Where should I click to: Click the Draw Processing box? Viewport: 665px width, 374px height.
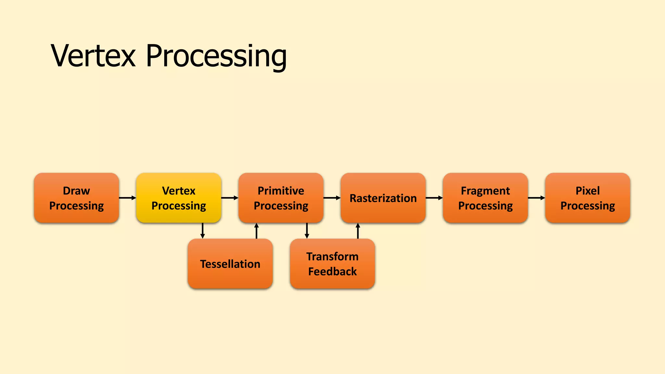[76, 198]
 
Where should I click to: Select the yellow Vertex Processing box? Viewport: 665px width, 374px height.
[179, 198]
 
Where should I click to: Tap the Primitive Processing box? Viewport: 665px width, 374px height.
[281, 198]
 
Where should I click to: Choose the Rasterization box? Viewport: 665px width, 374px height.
[383, 198]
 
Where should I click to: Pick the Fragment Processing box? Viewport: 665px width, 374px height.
[485, 198]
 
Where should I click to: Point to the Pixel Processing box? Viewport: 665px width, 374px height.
[588, 198]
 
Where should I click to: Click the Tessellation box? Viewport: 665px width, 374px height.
[230, 264]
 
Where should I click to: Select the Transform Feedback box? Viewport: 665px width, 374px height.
[332, 264]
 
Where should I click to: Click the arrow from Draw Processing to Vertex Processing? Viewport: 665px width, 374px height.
[127, 198]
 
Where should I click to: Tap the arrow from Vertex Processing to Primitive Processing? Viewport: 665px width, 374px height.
[230, 198]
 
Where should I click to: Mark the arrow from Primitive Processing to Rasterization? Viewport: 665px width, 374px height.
[332, 198]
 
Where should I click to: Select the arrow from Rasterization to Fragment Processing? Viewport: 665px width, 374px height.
[434, 198]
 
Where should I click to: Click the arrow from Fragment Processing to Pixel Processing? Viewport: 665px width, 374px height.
[536, 198]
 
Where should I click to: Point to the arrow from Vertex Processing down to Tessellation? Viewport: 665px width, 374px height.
[203, 231]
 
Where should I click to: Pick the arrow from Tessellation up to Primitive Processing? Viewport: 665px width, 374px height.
[257, 231]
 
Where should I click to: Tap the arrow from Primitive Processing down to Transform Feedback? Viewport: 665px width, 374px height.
[307, 231]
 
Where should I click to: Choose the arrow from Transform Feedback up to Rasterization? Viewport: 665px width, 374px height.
[358, 231]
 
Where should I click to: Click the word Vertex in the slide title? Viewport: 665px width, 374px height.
[93, 56]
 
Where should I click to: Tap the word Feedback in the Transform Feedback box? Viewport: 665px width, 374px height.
[332, 271]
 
